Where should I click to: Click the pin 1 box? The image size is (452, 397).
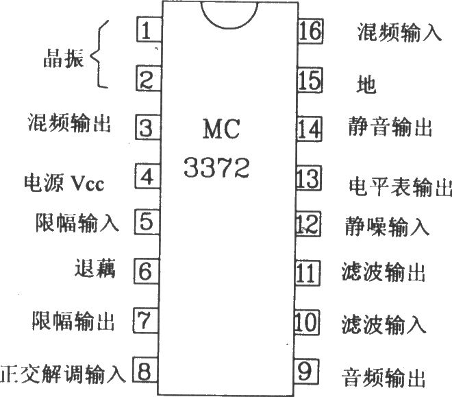149,29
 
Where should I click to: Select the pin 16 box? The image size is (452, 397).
310,31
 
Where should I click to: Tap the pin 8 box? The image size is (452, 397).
145,370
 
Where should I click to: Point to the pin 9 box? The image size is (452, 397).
306,372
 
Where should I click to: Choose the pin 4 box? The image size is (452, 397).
147,176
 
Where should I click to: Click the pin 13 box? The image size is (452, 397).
309,178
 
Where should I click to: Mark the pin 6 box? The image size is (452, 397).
146,271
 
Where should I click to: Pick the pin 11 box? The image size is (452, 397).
307,273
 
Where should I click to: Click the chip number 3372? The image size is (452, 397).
216,167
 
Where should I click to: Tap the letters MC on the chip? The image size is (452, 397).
221,129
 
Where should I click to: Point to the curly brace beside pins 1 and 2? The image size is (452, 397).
99,54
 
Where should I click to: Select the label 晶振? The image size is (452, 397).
64,58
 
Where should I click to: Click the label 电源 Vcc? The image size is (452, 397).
64,183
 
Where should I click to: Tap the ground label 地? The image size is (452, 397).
366,84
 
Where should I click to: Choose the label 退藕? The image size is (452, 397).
95,268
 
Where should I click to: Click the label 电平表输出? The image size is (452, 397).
400,187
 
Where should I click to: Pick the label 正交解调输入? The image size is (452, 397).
63,374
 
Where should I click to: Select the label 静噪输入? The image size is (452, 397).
388,226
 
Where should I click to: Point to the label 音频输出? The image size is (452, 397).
384,377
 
